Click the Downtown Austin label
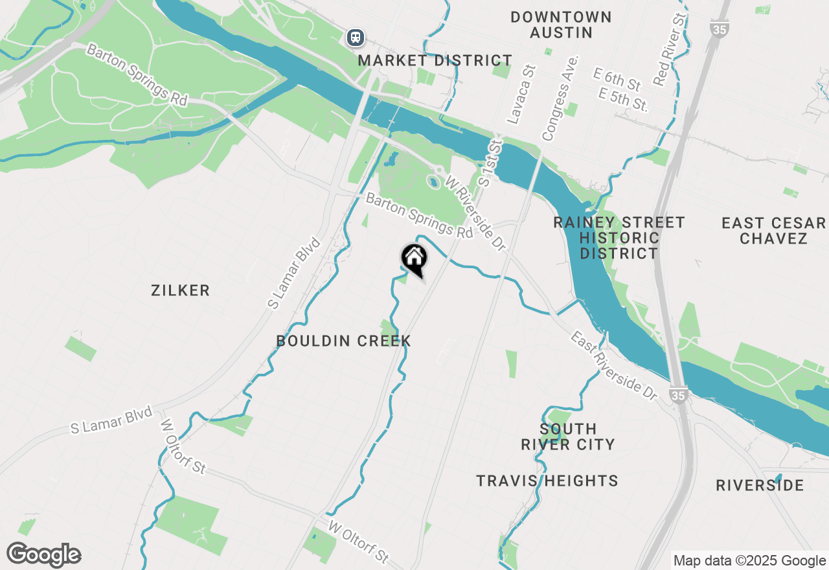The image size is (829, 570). coord(561,25)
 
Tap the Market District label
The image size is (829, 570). coord(435,61)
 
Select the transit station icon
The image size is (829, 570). coord(355,37)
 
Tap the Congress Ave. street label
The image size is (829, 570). coord(560,98)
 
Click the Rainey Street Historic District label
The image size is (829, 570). coord(619,238)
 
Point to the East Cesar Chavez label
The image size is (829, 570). coord(774,231)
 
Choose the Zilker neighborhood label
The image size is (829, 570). coord(181,291)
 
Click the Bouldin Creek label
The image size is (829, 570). coord(343,341)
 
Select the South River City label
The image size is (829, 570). coord(568,437)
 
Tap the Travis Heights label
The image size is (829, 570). coord(547,481)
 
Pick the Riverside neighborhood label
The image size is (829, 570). coord(760,485)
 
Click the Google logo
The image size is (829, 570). coord(44,555)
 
